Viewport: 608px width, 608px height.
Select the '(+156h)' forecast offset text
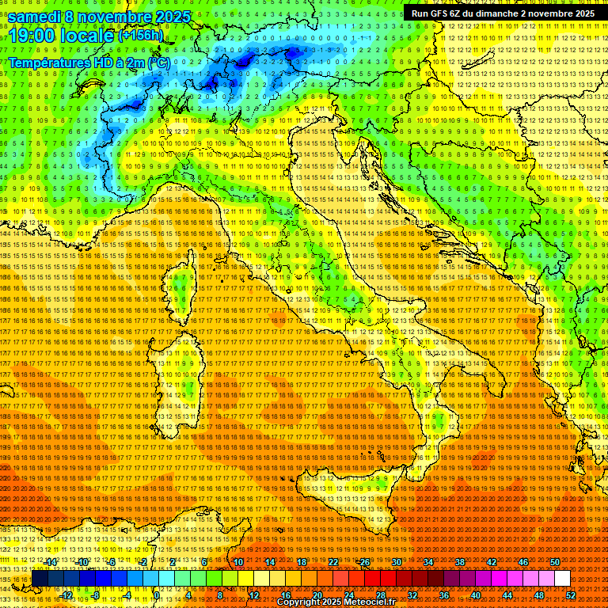pos(141,35)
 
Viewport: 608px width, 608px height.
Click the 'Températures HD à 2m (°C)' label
pos(89,62)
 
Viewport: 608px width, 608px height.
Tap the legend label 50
pos(554,561)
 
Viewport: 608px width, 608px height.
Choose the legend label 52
pos(570,595)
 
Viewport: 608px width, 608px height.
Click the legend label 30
pos(396,561)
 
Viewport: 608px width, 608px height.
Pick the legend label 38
pos(459,561)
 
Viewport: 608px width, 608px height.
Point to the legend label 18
pos(301,561)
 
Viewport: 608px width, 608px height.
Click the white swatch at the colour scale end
pos(562,578)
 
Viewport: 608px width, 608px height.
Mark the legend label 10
pos(237,561)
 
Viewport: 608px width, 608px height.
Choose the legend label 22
pos(332,561)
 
